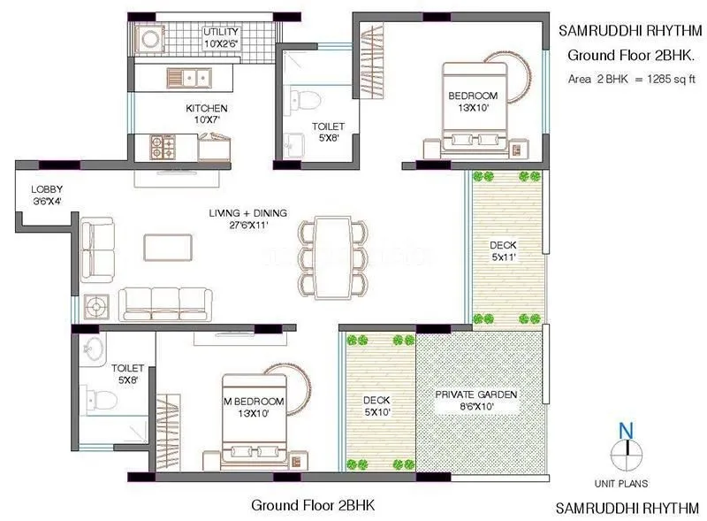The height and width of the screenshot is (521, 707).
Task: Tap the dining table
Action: (x=331, y=257)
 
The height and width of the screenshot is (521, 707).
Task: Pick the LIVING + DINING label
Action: (x=238, y=218)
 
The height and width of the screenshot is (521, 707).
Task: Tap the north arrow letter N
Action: (x=627, y=431)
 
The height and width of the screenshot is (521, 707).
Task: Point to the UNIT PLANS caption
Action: (x=622, y=483)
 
